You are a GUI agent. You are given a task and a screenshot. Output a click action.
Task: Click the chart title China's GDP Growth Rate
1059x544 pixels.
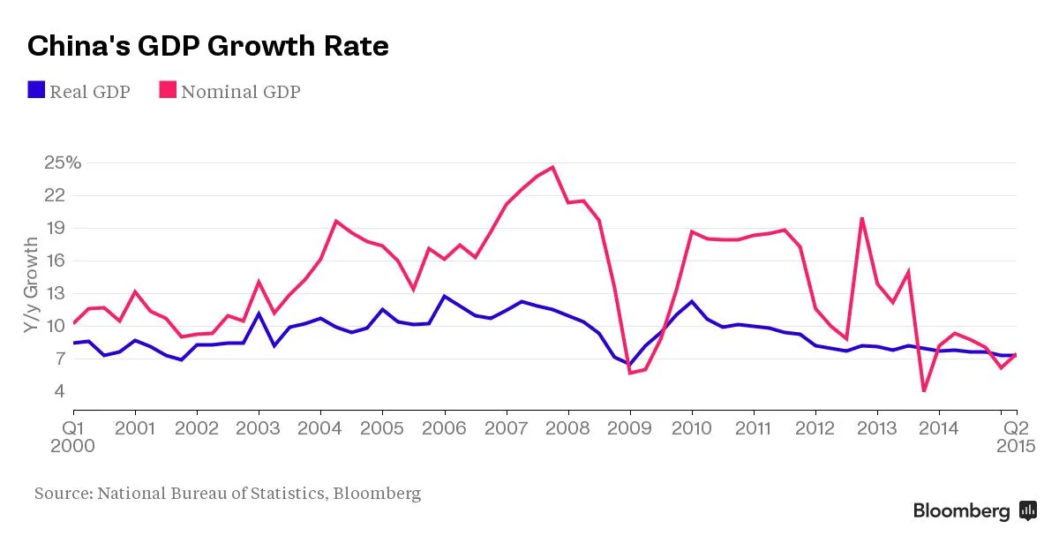208,46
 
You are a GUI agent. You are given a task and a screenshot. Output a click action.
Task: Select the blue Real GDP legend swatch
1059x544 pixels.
36,90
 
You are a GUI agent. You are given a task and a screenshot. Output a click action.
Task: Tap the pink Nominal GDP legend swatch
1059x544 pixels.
168,90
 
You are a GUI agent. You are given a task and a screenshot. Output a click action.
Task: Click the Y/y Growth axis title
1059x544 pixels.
31,284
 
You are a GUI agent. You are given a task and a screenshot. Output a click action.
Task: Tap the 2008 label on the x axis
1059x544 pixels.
568,429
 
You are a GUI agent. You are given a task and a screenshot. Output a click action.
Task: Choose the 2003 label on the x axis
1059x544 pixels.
259,429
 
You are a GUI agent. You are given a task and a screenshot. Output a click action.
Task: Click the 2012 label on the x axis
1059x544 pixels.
815,429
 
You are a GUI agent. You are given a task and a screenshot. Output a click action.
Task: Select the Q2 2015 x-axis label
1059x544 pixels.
1016,437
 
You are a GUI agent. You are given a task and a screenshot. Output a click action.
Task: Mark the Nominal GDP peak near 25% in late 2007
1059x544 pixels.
552,167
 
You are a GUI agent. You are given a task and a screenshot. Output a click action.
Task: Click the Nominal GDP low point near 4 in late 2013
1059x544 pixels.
924,390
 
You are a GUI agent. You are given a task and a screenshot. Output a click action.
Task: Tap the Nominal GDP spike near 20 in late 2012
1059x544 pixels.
861,218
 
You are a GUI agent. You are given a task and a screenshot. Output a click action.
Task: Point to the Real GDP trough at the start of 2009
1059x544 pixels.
630,364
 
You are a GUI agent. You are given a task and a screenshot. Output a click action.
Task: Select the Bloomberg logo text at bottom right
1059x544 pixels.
961,510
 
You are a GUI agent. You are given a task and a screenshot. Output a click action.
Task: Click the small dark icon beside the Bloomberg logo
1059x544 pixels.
1028,510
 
